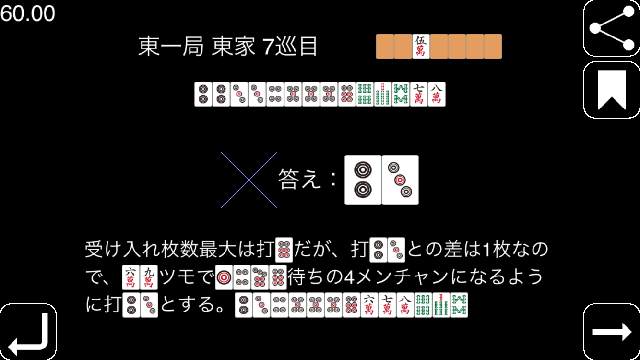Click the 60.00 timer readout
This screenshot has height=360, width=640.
[x=27, y=13]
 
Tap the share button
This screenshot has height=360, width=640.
[x=611, y=28]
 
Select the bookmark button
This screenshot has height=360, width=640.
[x=611, y=90]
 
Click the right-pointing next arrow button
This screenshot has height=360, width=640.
[x=611, y=332]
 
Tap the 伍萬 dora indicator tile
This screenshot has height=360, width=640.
[x=421, y=47]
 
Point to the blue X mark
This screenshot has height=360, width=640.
[x=249, y=180]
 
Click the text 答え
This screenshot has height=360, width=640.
[x=299, y=180]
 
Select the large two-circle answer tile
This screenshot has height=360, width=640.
[x=363, y=180]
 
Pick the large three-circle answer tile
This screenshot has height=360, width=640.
[x=400, y=180]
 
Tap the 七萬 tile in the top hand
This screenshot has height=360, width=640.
[x=418, y=94]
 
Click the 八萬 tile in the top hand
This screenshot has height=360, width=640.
[x=437, y=94]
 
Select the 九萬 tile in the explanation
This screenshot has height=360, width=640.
[x=149, y=277]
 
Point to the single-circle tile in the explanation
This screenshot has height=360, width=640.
[x=224, y=277]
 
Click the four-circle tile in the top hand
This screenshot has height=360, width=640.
[x=275, y=94]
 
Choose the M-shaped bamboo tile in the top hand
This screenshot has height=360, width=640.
[x=401, y=94]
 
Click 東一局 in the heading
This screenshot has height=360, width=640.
[x=171, y=46]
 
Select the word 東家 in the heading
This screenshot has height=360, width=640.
[x=233, y=46]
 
